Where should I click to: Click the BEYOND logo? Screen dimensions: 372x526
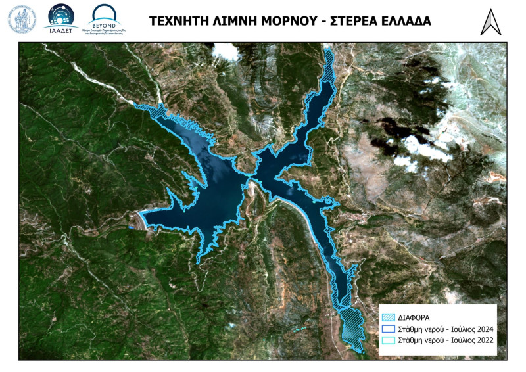pos(108,18)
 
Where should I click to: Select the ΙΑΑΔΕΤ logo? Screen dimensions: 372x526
pos(60,18)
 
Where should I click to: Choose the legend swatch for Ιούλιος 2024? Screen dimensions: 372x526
pos(388,329)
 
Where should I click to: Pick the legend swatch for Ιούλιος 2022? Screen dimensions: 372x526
pos(388,340)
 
